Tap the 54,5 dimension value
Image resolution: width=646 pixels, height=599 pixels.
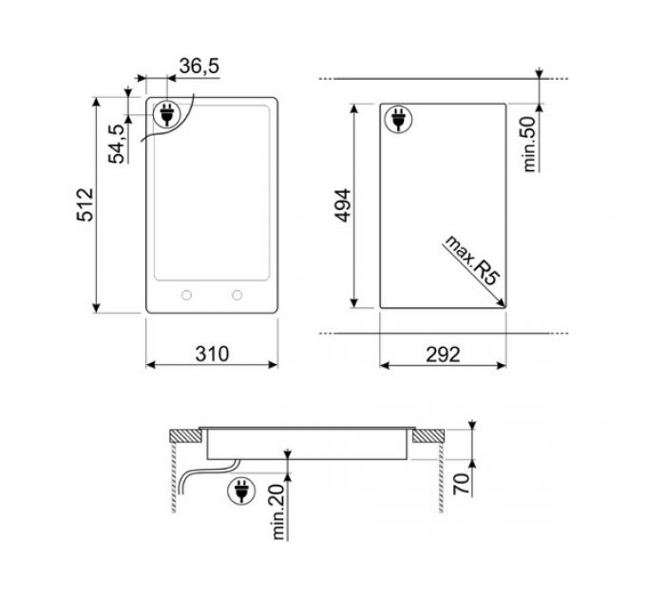point(116,144)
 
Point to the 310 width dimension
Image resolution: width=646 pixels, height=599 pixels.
point(213,354)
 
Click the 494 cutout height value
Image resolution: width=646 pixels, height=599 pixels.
point(344,205)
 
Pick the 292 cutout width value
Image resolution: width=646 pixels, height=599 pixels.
point(442,354)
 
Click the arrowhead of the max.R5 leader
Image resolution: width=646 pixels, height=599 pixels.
point(501,302)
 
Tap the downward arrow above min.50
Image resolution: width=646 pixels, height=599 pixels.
point(539,74)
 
